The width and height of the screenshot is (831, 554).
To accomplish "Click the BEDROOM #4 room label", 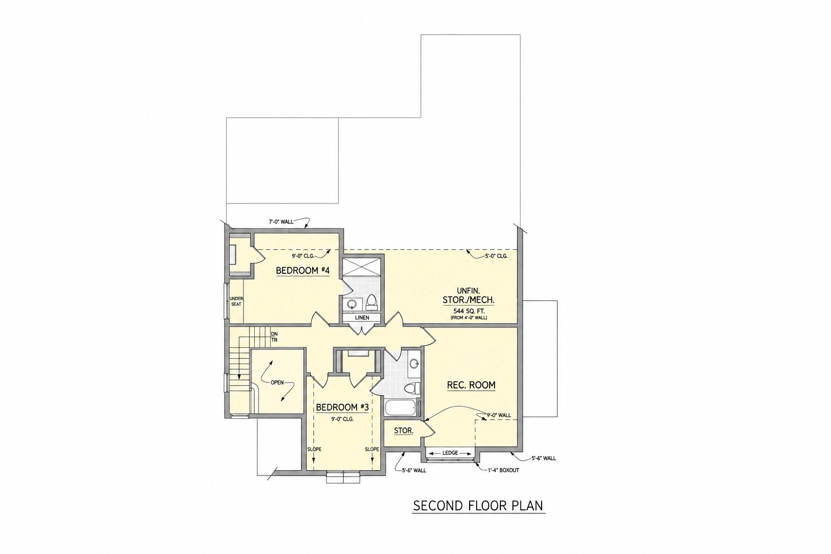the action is [x=303, y=271].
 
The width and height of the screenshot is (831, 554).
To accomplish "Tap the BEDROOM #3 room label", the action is [x=342, y=407].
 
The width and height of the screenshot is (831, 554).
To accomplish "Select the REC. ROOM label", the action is [x=471, y=385].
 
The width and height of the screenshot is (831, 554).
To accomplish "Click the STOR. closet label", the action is [x=404, y=431].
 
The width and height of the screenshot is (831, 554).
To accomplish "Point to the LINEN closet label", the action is [x=362, y=318].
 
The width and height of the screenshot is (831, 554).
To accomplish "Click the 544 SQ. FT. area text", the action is [x=469, y=311].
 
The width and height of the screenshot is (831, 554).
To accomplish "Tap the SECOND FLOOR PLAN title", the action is [x=479, y=506].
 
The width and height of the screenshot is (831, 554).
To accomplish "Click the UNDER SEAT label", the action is [x=236, y=301].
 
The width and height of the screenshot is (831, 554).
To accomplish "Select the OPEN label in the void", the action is [x=277, y=382].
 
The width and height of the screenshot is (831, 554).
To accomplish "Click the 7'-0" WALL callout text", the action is [x=281, y=222].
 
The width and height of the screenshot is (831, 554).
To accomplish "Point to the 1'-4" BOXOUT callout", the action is [x=504, y=470].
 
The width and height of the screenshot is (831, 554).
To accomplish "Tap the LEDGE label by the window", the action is [x=450, y=453].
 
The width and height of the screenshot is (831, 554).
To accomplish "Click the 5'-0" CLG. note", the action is [x=496, y=256].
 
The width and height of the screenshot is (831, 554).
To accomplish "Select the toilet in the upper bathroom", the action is [x=371, y=302].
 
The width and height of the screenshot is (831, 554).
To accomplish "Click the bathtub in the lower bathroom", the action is [x=400, y=408].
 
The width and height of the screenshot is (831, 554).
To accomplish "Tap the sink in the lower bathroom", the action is [x=414, y=362].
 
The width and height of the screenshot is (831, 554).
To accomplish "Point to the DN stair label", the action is [x=274, y=334].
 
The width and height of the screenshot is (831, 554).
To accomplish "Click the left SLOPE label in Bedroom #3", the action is [x=314, y=450].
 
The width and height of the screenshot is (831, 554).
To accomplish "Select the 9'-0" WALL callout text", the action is [x=499, y=415].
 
